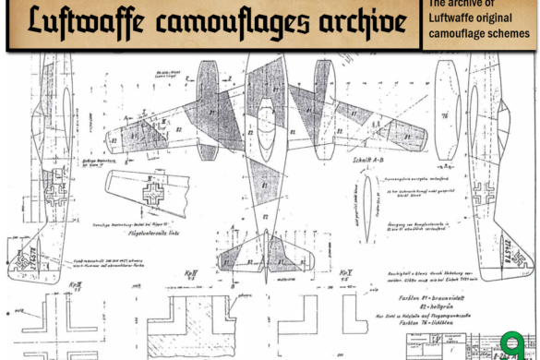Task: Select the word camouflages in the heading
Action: point(237,23)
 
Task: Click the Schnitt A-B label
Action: point(366,160)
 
